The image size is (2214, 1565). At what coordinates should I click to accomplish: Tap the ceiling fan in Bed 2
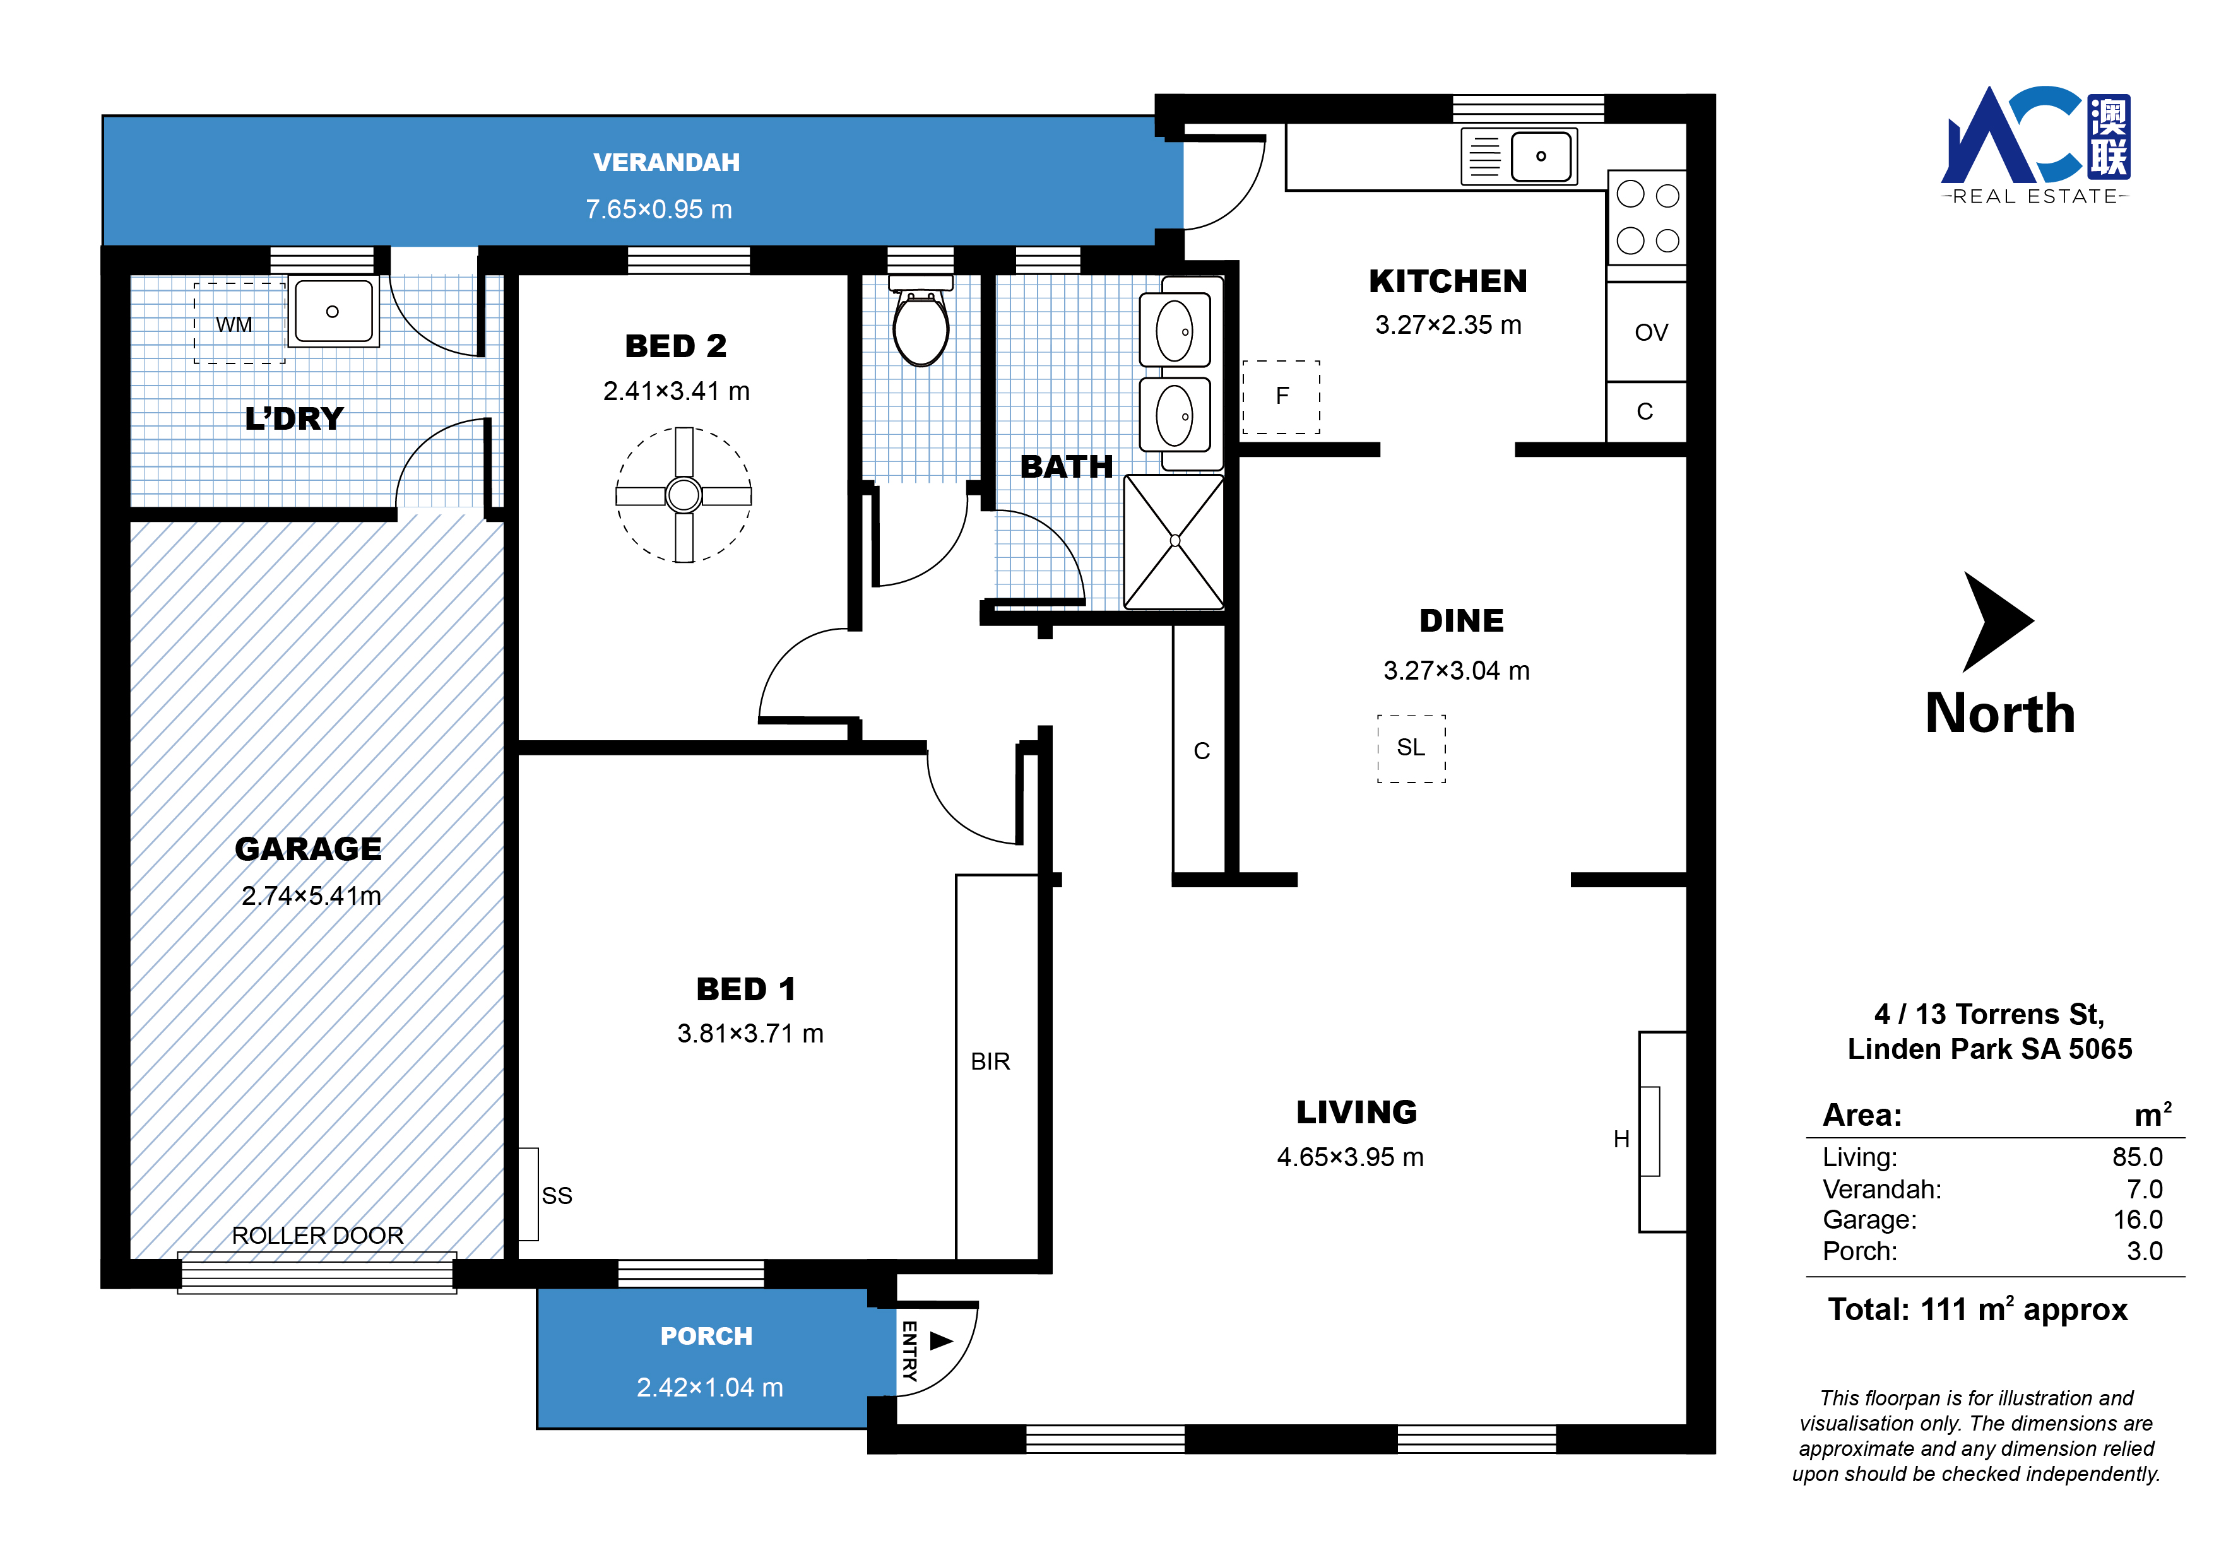(684, 495)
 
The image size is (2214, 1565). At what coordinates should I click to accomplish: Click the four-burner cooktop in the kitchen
(1647, 217)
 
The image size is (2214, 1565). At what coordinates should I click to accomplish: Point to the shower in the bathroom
(1175, 541)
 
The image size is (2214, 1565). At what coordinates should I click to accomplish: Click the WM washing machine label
(234, 325)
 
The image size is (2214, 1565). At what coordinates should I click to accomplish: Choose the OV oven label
(1651, 333)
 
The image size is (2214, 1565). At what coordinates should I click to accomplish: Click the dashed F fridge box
(1282, 396)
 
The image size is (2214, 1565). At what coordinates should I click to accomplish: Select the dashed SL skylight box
(1411, 748)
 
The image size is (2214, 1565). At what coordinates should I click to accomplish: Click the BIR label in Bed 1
(990, 1061)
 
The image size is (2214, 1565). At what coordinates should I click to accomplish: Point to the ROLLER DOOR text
(317, 1235)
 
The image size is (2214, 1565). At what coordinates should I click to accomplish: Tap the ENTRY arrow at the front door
(941, 1340)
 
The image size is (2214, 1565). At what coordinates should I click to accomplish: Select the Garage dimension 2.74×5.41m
(312, 896)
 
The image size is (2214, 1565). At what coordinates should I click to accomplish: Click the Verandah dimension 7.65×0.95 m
(660, 210)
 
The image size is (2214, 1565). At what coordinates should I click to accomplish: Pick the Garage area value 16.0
(2138, 1220)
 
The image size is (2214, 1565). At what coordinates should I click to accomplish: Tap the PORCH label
(707, 1337)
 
